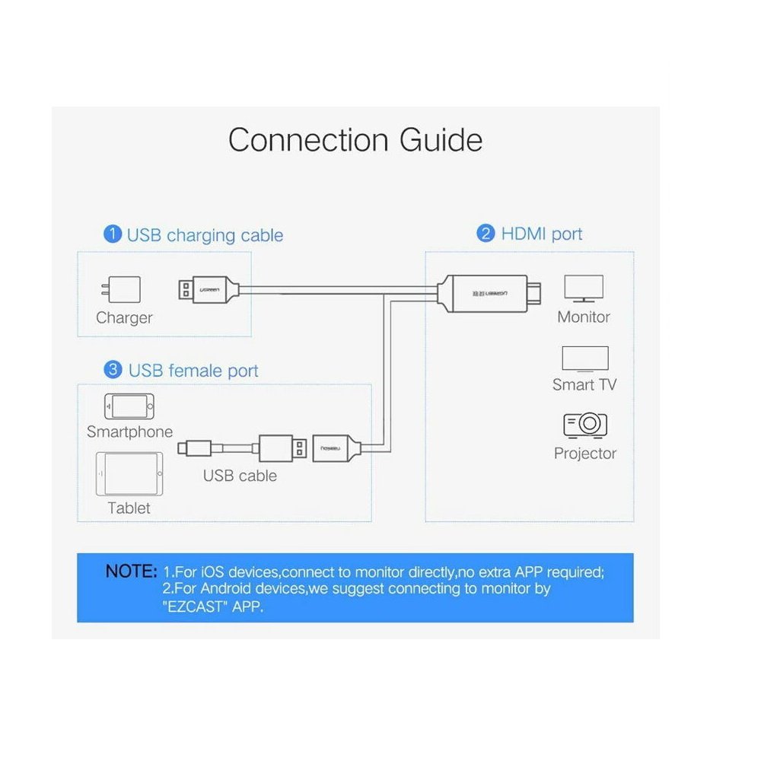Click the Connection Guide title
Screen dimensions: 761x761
pyautogui.click(x=355, y=140)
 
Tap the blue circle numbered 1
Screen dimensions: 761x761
pyautogui.click(x=113, y=234)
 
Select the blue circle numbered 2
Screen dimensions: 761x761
pyautogui.click(x=486, y=233)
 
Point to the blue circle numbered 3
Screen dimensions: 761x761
pyautogui.click(x=113, y=370)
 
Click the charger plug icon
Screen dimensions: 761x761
pyautogui.click(x=121, y=289)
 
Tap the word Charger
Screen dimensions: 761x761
pyautogui.click(x=124, y=318)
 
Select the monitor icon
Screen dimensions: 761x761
pyautogui.click(x=584, y=288)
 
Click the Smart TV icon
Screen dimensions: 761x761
pyautogui.click(x=584, y=359)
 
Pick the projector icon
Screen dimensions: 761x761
pyautogui.click(x=585, y=425)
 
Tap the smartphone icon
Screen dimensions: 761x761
pyautogui.click(x=129, y=406)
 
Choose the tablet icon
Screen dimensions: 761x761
pyautogui.click(x=129, y=473)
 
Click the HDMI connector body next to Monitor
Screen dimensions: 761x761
pyautogui.click(x=489, y=293)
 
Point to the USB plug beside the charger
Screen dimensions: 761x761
pyautogui.click(x=209, y=290)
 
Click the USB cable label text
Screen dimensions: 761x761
pyautogui.click(x=240, y=476)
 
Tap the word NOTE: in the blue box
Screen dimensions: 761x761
pyautogui.click(x=131, y=572)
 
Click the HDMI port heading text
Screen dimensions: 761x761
pyautogui.click(x=542, y=234)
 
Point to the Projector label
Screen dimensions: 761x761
pyautogui.click(x=584, y=454)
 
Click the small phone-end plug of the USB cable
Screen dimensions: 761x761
pyautogui.click(x=194, y=448)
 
